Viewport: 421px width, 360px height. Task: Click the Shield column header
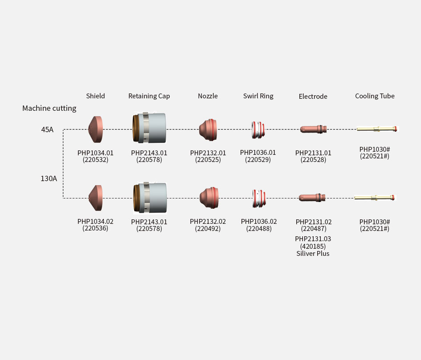coord(95,96)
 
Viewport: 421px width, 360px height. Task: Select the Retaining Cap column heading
coord(149,96)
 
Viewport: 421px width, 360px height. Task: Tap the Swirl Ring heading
coord(258,96)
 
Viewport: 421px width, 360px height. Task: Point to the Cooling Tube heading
coord(375,96)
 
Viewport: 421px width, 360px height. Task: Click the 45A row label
coord(47,129)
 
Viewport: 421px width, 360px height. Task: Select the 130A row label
coord(49,178)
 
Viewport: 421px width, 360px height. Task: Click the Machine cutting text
coord(49,108)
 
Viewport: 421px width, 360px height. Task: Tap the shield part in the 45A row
coord(96,129)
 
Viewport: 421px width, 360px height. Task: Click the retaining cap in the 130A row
coord(150,198)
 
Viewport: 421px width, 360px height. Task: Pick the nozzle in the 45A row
coord(208,130)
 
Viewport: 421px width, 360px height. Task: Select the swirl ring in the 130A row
coord(259,198)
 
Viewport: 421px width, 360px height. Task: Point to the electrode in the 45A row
coord(313,129)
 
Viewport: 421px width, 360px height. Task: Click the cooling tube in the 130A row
coord(375,198)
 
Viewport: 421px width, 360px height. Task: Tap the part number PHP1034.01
coord(95,153)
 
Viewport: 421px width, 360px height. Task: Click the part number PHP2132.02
coord(208,222)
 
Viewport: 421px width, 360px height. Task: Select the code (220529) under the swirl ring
coord(258,160)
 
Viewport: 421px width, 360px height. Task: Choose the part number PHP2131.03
coord(313,239)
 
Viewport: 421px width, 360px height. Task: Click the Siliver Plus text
coord(313,254)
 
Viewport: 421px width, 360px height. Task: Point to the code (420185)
coord(313,246)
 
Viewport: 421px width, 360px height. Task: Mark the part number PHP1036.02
coord(259,222)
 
